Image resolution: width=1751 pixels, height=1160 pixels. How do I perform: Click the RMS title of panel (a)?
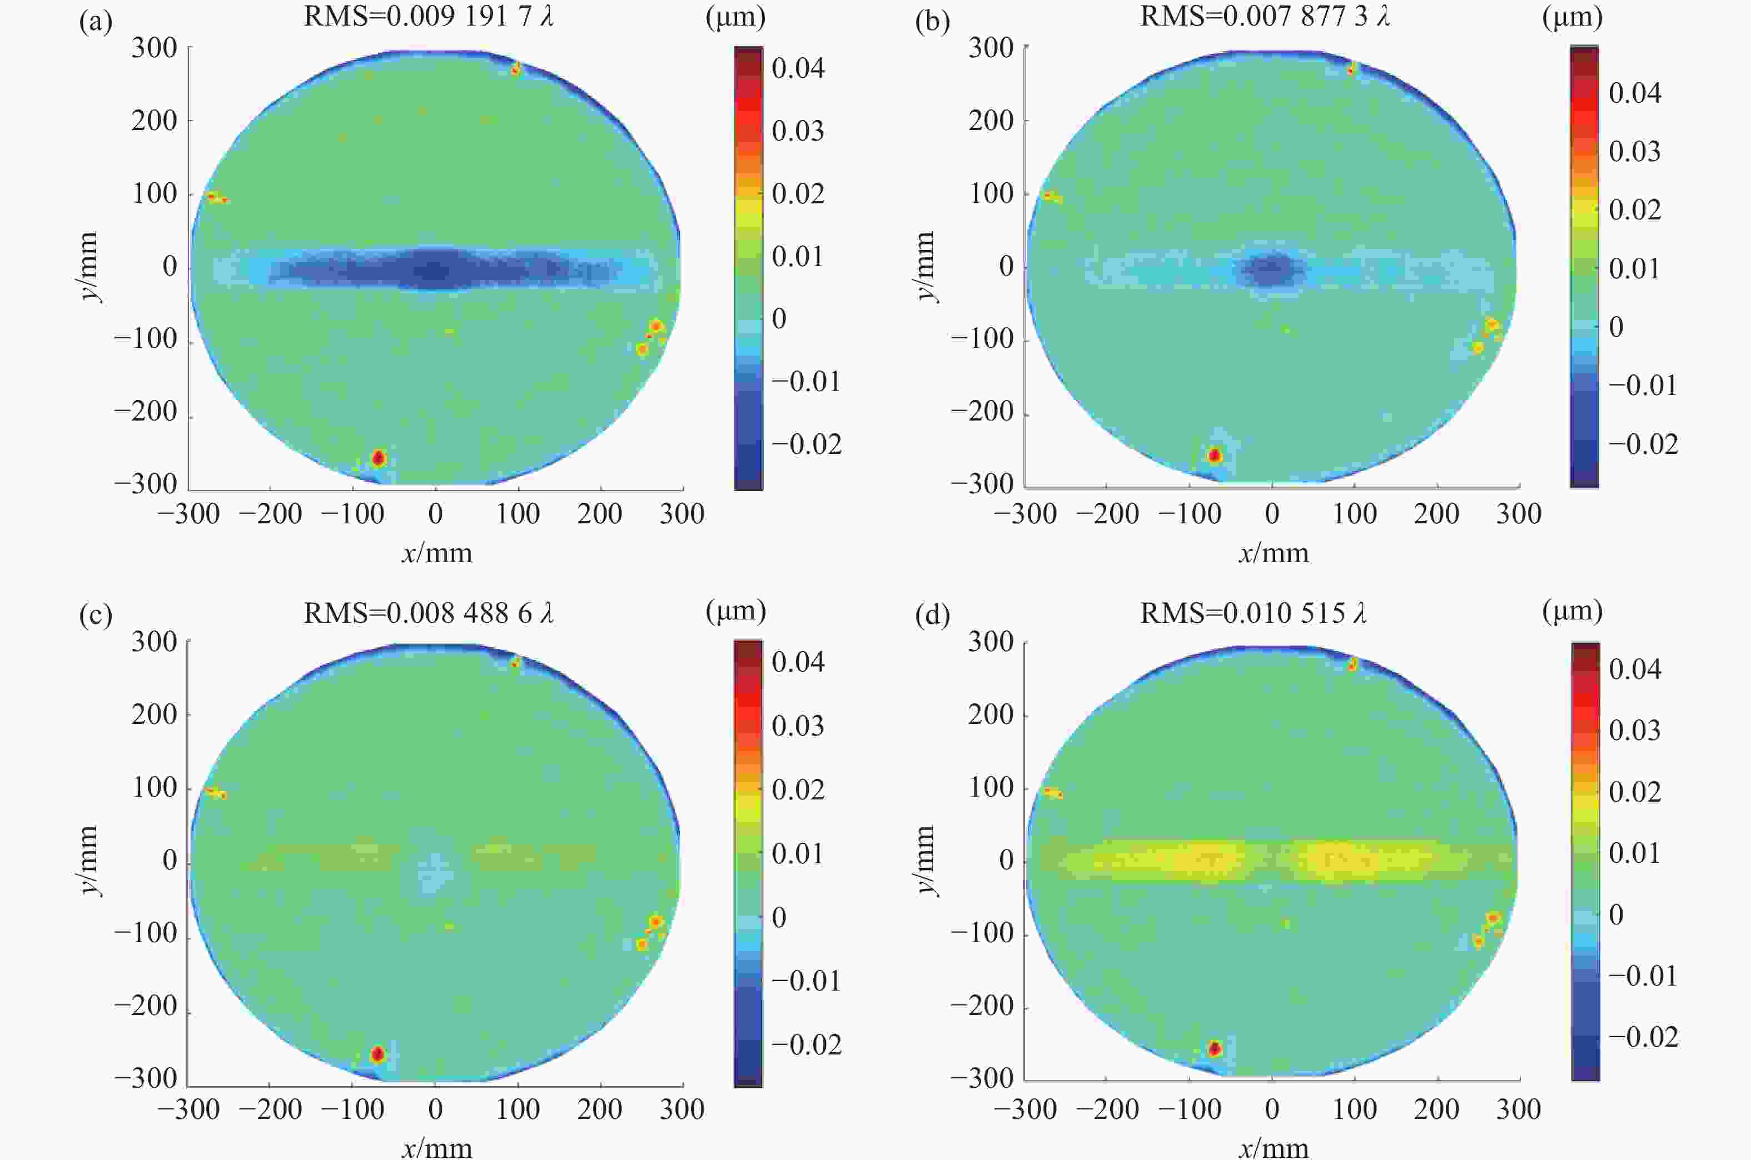coord(429,16)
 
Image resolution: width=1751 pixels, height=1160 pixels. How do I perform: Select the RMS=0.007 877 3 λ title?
coord(1265,16)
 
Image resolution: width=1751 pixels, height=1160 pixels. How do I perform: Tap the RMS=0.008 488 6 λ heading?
coord(429,613)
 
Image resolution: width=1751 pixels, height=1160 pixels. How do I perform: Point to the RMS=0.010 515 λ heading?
coord(1253,613)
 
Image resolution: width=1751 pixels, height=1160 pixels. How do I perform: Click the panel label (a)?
coord(96,22)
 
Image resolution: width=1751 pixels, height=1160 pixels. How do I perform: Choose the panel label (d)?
coord(932,616)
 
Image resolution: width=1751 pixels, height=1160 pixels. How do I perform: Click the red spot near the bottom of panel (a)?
coord(378,458)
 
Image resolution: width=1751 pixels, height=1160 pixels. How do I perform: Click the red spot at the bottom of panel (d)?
coord(1215,1048)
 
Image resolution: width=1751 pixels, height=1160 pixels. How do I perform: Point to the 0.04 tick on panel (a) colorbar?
coord(798,68)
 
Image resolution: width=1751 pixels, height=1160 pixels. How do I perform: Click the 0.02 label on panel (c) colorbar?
coord(798,789)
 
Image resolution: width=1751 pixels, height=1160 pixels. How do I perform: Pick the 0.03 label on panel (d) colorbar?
coord(1635,730)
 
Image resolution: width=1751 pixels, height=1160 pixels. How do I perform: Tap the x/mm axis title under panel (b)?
coord(1274,553)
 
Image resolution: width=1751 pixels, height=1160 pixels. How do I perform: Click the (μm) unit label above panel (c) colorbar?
coord(735,611)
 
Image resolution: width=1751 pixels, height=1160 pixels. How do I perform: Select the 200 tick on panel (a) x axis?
coord(599,513)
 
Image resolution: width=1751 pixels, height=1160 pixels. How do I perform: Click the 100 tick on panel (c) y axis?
coord(155,788)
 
